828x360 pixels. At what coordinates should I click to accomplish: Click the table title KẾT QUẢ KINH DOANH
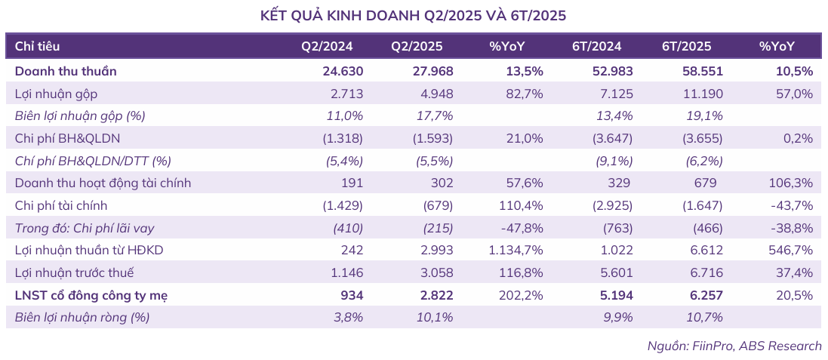pyautogui.click(x=413, y=15)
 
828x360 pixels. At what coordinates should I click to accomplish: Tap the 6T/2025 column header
pyautogui.click(x=686, y=46)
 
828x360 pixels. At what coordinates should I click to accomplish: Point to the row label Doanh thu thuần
pyautogui.click(x=66, y=72)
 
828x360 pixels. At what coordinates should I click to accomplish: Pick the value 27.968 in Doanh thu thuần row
pyautogui.click(x=433, y=72)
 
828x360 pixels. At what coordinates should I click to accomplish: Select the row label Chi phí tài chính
pyautogui.click(x=61, y=205)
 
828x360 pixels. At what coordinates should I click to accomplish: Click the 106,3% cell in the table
pyautogui.click(x=793, y=183)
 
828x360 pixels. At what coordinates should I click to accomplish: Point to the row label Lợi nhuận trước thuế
pyautogui.click(x=75, y=272)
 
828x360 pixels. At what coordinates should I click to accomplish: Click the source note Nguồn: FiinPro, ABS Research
pyautogui.click(x=734, y=346)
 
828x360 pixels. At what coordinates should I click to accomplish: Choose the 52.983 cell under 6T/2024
pyautogui.click(x=612, y=72)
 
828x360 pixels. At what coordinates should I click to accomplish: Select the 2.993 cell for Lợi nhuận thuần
pyautogui.click(x=436, y=250)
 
